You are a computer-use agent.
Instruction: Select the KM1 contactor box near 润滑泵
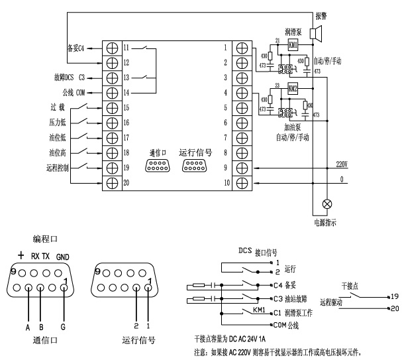pyautogui.click(x=292, y=44)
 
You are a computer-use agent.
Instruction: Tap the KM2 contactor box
pyautogui.click(x=292, y=88)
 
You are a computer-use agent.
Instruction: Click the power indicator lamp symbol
pyautogui.click(x=326, y=204)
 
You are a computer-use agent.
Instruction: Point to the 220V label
pyautogui.click(x=342, y=162)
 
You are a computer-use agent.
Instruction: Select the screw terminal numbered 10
pyautogui.click(x=242, y=182)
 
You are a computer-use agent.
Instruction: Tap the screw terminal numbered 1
pyautogui.click(x=242, y=48)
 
